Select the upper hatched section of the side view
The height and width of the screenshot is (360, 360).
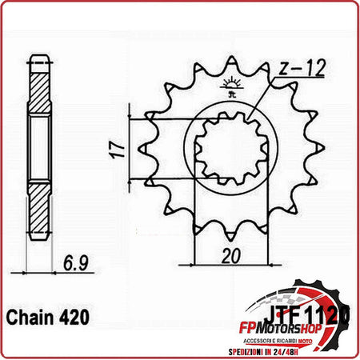point(39,88)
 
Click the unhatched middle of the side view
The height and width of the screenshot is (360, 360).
point(39,148)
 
